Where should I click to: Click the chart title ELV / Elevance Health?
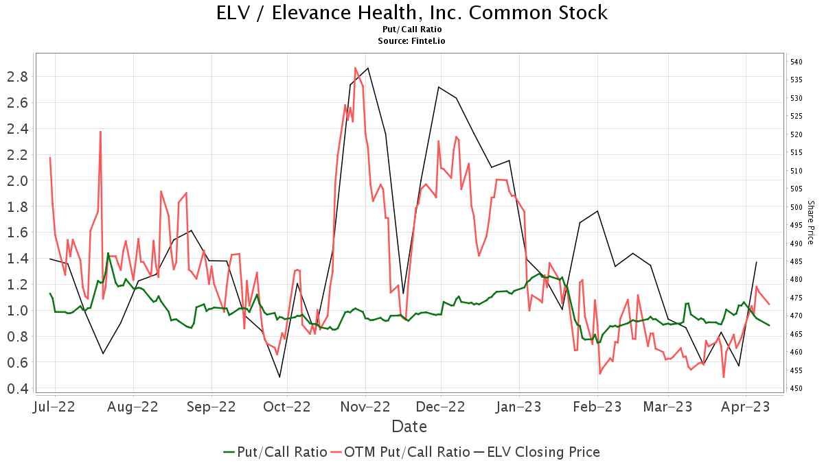coord(412,12)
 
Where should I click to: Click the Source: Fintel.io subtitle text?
coord(412,40)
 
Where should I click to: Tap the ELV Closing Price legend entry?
coord(542,452)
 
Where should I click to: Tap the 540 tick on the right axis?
coord(797,62)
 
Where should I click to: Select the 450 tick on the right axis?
coord(797,388)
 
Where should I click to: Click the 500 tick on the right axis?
coord(797,207)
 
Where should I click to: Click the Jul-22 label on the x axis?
coord(53,406)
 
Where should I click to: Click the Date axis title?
coord(409,427)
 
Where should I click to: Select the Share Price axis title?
coord(811,223)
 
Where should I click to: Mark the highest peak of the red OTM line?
coord(355,68)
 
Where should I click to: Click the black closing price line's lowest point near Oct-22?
coord(279,377)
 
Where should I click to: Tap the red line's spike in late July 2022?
coord(100,132)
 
